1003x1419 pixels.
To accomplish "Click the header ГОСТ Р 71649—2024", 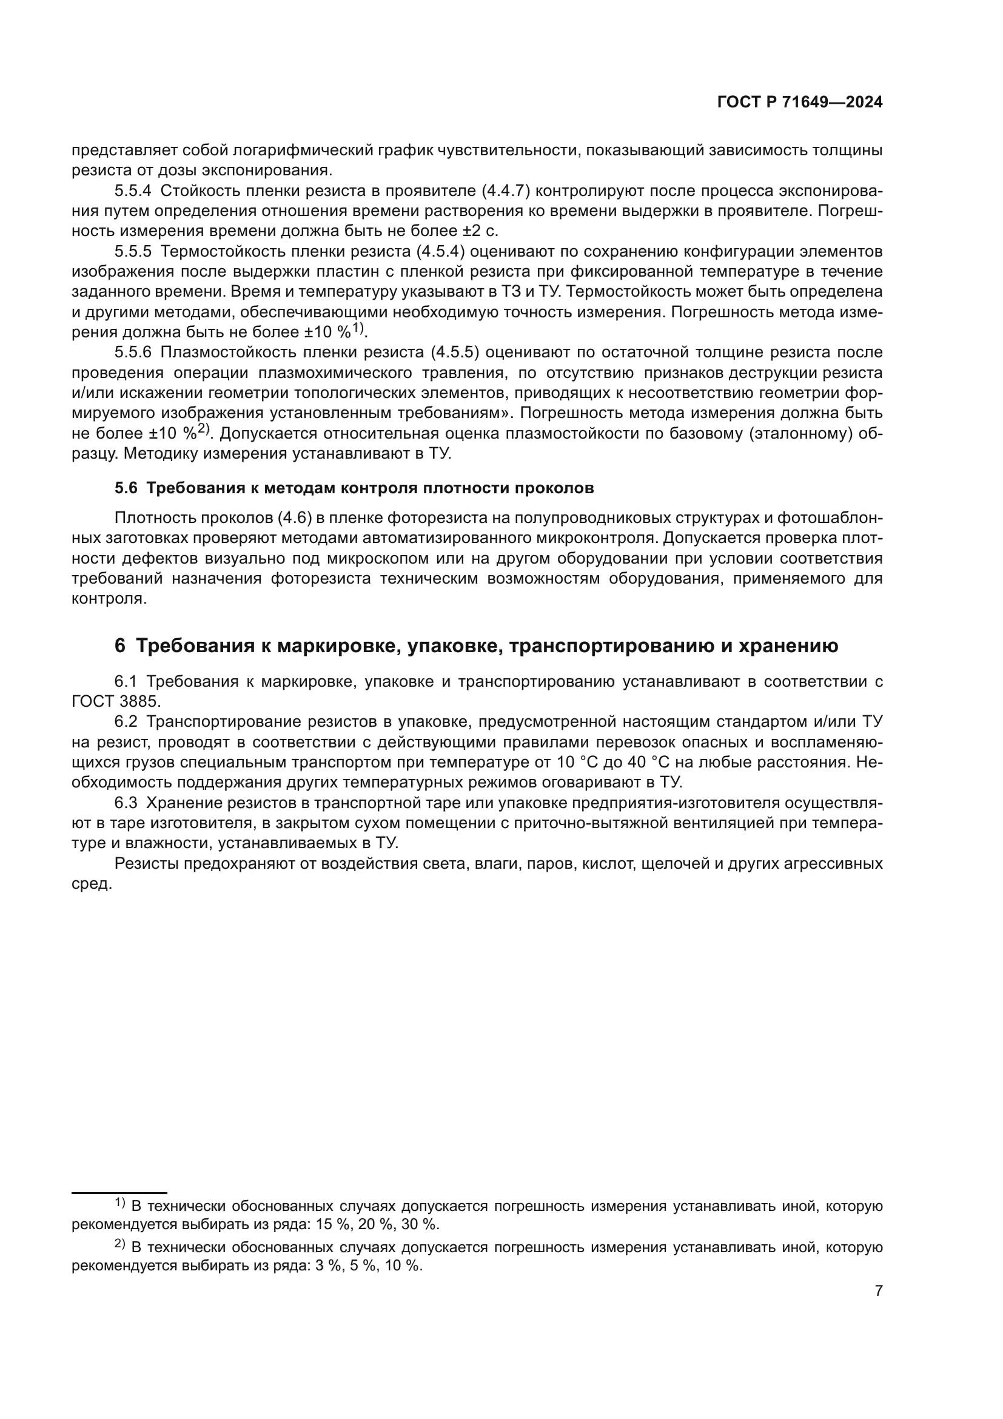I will (799, 103).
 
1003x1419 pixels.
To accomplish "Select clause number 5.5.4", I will (133, 190).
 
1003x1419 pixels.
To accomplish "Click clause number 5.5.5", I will (133, 252).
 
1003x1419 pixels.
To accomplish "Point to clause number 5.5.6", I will (133, 352).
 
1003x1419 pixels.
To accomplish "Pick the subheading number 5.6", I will (126, 488).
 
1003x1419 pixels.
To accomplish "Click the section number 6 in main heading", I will (120, 646).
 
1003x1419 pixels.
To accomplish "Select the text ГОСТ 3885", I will (115, 701).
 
